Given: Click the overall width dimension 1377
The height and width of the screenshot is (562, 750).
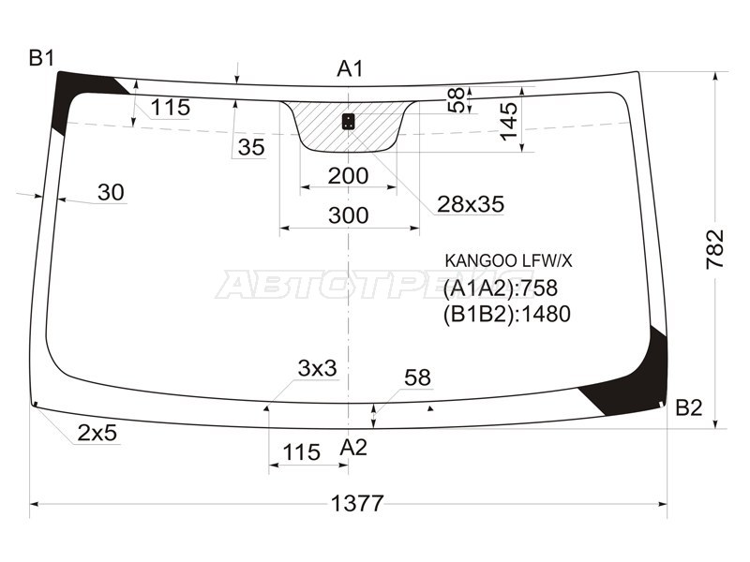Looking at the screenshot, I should point(357,504).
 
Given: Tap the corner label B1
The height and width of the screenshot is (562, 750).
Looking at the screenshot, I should point(41,58).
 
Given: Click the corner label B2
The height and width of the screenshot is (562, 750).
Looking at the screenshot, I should point(689,407).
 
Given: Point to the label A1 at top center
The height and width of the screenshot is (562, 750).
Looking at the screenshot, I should point(351,68).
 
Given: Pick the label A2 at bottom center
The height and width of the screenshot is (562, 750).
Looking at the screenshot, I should point(353,448).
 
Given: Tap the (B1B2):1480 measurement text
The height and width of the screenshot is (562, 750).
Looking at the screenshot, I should point(506,314).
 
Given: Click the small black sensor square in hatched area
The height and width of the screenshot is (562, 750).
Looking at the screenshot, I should point(349,121).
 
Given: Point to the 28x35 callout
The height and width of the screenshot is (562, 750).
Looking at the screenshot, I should point(470,203).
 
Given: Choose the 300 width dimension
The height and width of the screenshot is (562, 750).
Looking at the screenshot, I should point(349,215).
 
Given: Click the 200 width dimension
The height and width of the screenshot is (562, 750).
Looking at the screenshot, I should point(348,176).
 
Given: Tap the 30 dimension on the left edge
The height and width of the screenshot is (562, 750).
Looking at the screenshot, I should point(111,193).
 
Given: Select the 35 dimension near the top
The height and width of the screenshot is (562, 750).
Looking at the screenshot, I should point(250,147).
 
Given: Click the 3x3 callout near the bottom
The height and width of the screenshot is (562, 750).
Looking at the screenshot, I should point(317,369).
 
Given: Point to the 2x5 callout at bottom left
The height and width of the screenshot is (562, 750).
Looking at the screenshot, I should point(97,433).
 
